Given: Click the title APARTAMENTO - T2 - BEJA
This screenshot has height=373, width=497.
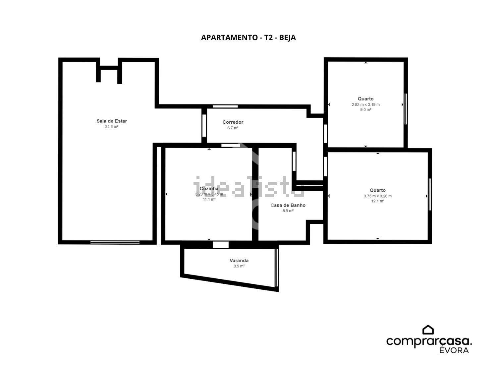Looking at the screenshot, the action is (x=248, y=37).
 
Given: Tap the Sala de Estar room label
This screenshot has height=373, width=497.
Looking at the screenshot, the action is (x=112, y=121).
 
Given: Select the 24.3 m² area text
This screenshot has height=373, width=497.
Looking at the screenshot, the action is (x=112, y=127).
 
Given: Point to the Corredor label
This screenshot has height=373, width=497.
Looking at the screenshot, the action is (x=233, y=122).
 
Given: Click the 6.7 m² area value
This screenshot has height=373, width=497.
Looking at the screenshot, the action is (x=233, y=128).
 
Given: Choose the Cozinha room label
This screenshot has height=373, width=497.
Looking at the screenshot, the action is (x=209, y=188).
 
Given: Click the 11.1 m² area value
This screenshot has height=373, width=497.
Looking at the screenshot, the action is (x=209, y=200).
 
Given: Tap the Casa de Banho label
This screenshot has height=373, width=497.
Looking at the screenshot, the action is (x=288, y=205).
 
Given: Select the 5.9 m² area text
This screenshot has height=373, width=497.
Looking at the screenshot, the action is (x=288, y=211).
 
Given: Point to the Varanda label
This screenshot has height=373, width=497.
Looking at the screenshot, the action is (x=239, y=261).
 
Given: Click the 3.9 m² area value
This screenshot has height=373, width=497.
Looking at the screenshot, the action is (x=239, y=266).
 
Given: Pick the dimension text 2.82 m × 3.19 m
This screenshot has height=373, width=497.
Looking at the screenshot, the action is (x=365, y=105).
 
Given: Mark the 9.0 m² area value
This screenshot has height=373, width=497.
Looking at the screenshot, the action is (x=365, y=110).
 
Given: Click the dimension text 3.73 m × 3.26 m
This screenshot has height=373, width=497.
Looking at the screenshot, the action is (x=377, y=196).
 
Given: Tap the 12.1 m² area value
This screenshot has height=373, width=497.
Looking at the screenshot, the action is (x=377, y=201).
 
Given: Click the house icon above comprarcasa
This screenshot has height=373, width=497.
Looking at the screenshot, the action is (x=428, y=330).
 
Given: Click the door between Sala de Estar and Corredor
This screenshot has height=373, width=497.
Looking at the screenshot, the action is (x=204, y=126).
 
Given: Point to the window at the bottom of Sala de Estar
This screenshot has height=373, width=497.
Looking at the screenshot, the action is (x=115, y=242).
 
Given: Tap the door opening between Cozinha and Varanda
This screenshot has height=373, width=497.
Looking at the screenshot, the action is (x=221, y=245).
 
